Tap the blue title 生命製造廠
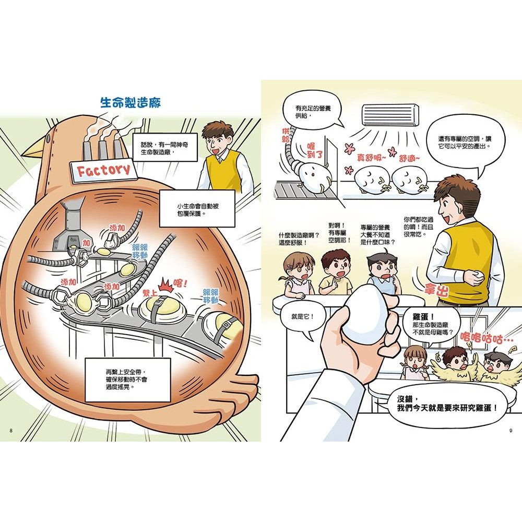[x=130, y=102]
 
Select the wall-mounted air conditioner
[x=390, y=115]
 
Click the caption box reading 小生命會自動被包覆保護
[x=194, y=209]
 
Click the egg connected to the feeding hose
[x=311, y=180]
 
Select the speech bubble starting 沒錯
[x=447, y=404]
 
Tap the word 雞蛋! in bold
[x=423, y=317]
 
